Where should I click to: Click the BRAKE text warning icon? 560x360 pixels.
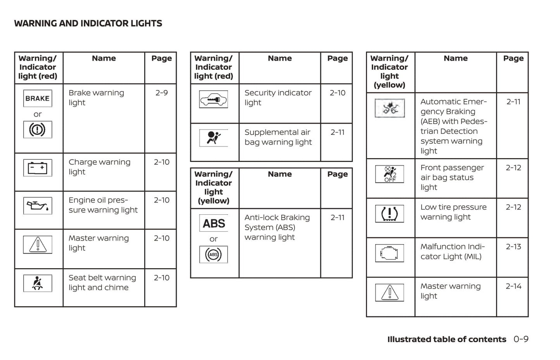[x=38, y=98]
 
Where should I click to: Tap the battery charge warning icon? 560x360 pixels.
[x=38, y=168]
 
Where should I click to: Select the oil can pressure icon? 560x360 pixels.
[x=38, y=206]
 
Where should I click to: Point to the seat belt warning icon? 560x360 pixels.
[x=38, y=283]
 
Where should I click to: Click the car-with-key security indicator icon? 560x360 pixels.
[x=214, y=99]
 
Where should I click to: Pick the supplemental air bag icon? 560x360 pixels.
[x=214, y=138]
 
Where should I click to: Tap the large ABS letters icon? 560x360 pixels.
[x=214, y=223]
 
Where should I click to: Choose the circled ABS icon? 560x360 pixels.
[x=214, y=255]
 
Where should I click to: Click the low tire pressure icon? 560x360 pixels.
[x=389, y=214]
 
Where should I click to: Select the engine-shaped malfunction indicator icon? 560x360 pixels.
[x=389, y=253]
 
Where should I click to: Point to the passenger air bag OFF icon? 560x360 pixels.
[x=389, y=174]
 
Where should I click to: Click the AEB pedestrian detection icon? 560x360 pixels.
[x=389, y=108]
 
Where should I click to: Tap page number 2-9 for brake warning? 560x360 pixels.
[x=162, y=93]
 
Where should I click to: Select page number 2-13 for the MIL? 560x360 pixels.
[x=513, y=247]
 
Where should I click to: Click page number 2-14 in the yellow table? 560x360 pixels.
[x=513, y=286]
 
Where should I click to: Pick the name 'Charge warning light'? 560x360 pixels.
[x=100, y=167]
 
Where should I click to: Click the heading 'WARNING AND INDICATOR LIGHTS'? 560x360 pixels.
[x=88, y=24]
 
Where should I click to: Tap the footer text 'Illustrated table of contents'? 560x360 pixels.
[x=446, y=339]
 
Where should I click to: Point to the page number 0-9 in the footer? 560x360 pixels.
[x=521, y=339]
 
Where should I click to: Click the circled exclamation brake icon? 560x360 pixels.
[x=38, y=129]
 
